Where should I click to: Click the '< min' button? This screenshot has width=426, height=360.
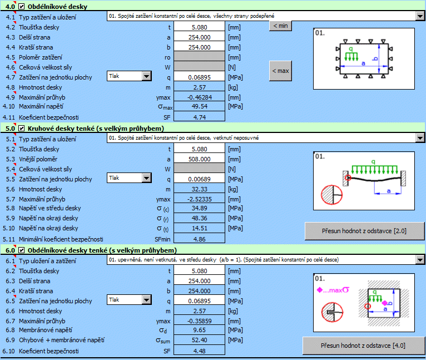pos(280,26)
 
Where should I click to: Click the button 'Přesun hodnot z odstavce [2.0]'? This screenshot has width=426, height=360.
pos(364,231)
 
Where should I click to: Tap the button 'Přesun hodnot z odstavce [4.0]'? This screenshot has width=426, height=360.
pos(363,346)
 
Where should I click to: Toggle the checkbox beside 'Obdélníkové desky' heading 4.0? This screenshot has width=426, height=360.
pos(22,7)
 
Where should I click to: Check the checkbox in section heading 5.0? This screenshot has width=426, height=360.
pos(22,129)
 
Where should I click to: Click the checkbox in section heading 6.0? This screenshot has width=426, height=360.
pos(22,250)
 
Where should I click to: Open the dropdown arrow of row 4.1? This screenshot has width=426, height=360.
pos(420,16)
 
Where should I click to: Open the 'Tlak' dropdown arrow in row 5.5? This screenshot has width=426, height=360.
pos(146,178)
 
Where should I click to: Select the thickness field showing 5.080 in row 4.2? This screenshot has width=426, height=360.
pos(200,27)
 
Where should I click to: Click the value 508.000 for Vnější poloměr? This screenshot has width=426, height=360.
pos(200,159)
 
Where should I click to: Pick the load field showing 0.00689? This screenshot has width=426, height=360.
pos(200,179)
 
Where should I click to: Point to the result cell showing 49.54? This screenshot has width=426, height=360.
pos(200,106)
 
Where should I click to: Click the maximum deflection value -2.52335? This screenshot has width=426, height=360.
pos(200,199)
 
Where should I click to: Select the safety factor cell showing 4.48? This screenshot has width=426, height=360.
pos(200,351)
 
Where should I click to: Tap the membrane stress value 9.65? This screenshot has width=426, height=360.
pos(200,330)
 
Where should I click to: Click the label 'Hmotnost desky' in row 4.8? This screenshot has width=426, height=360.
pos(41,87)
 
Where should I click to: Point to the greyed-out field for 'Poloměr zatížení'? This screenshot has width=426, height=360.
pos(200,57)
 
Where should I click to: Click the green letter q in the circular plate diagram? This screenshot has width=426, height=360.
pos(373,162)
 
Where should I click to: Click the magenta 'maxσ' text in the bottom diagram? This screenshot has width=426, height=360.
pos(339,290)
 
